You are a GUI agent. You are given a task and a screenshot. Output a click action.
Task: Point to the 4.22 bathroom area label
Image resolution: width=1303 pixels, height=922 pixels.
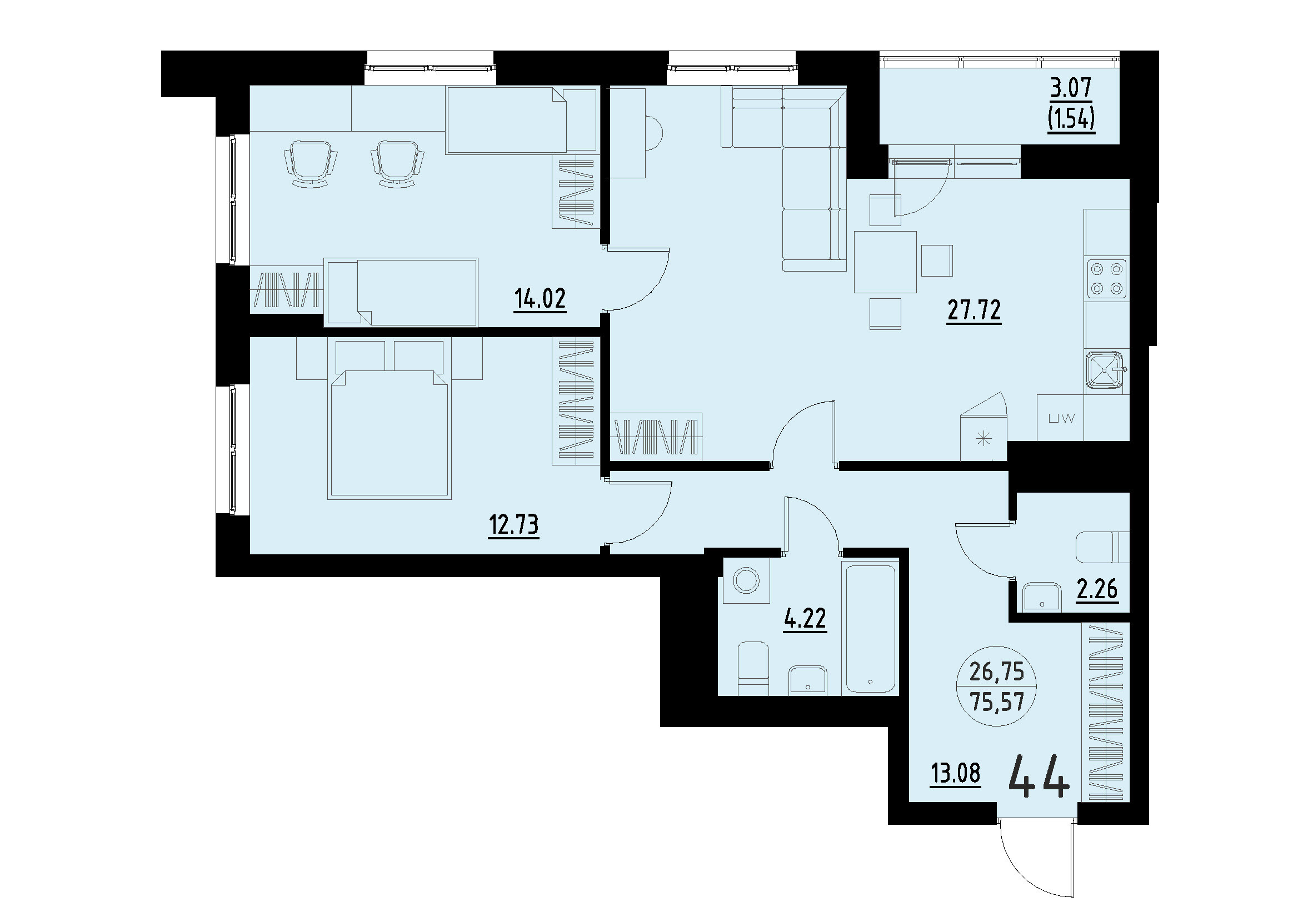pos(805,619)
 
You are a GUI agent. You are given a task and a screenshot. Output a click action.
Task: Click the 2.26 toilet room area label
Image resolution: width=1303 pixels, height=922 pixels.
pos(1097,590)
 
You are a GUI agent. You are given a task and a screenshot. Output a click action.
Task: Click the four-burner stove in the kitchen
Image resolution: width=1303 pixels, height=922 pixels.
pos(1106,279)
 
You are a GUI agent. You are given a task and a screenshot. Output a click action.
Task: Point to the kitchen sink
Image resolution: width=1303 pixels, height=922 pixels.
pos(1105,372)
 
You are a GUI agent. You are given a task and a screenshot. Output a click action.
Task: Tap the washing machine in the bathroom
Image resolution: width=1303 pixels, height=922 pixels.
pos(746,581)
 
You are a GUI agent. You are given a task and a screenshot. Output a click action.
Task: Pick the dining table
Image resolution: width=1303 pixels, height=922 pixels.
pos(885,262)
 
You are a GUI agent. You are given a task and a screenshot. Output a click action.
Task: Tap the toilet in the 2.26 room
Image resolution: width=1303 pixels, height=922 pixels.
pos(1101,547)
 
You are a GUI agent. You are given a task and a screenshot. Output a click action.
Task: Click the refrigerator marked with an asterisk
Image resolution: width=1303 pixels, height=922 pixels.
pos(983,438)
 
